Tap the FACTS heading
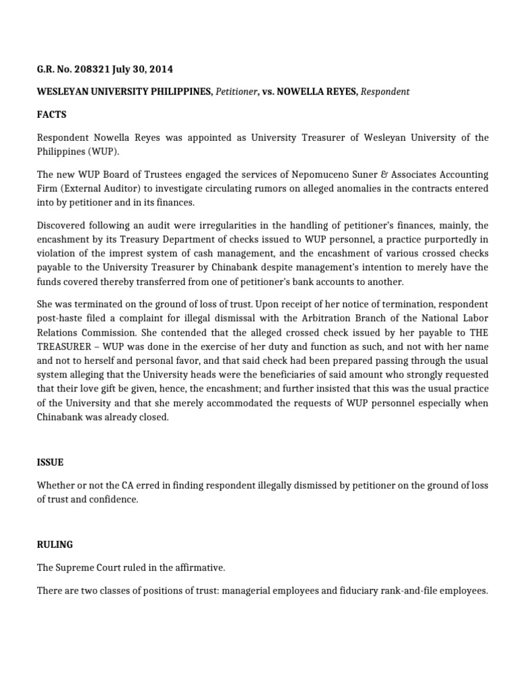52,115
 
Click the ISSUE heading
50,462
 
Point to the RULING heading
55,544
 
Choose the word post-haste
64,317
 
